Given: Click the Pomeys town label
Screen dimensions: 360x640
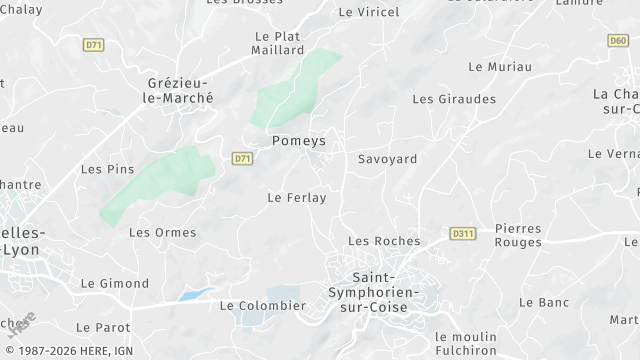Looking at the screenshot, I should point(299,142).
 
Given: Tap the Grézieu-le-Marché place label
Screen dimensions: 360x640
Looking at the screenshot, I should point(181,91).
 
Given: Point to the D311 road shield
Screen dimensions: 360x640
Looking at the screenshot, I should point(462,233).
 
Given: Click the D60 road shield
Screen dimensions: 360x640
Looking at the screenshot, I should point(618,41).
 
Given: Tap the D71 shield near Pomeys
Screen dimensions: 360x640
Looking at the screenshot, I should point(242,158).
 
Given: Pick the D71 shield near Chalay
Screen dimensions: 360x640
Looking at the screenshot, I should point(94,45).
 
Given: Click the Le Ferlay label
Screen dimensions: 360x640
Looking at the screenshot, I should point(297,198).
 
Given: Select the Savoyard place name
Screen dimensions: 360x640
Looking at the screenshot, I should point(388,159).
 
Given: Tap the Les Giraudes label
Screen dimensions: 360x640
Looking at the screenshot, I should point(454,99).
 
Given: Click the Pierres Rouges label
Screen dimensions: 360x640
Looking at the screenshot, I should point(518,234).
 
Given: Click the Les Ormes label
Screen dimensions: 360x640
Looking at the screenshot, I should point(155,232).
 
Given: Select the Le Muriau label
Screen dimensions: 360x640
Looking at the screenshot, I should point(499,66).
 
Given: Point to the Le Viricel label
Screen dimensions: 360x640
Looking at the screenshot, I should point(369,12).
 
